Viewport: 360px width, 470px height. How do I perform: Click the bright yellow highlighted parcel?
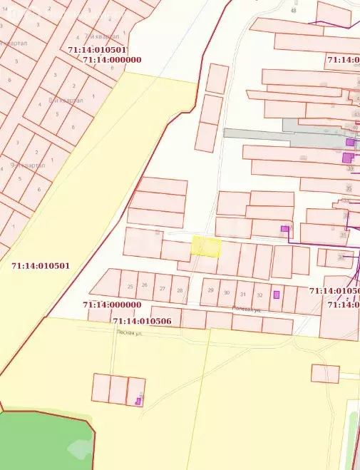click(206, 247)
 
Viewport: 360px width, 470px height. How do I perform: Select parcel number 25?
click(130, 286)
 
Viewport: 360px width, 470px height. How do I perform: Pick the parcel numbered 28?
click(180, 290)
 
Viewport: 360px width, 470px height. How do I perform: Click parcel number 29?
click(210, 290)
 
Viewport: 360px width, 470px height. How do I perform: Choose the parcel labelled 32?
click(259, 295)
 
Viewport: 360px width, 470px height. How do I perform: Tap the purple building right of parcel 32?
click(277, 295)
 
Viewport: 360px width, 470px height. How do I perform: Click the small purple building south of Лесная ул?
click(138, 402)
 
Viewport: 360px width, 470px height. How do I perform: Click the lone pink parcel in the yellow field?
click(324, 373)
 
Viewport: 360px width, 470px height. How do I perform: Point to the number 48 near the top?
click(293, 10)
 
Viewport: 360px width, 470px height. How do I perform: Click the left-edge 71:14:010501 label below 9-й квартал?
click(41, 266)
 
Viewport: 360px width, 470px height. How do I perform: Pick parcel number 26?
click(145, 285)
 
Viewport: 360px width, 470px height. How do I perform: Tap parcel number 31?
click(243, 294)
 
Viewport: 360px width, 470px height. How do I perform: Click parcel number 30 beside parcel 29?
click(227, 292)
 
